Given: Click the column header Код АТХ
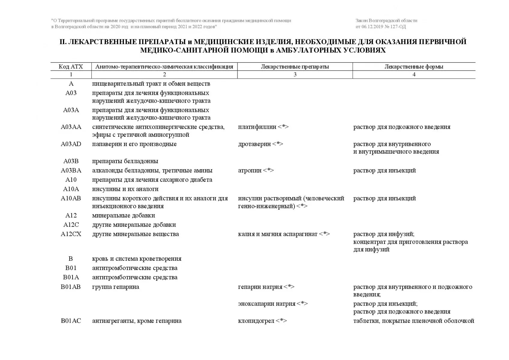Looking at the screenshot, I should tap(71, 67).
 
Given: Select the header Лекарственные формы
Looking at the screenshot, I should tap(414, 67).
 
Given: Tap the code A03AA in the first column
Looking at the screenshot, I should tap(71, 127).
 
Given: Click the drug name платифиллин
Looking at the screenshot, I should tap(257, 127).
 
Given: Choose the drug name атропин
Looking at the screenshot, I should tap(250, 170).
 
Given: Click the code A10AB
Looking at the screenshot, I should tap(71, 198).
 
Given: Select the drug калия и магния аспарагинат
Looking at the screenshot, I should tap(278, 234).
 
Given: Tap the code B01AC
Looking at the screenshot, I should tap(71, 321).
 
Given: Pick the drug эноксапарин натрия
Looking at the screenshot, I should tap(267, 304).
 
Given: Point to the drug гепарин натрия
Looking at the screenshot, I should tap(260, 287).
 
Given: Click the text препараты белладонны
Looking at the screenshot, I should tap(125, 161).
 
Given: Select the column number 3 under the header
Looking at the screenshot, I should tap(295, 74).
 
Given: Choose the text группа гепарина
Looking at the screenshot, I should tap(115, 287).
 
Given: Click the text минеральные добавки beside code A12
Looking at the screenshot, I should tap(124, 215).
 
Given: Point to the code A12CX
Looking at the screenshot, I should tap(71, 234).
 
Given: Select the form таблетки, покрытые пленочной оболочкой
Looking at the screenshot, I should tap(414, 321).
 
